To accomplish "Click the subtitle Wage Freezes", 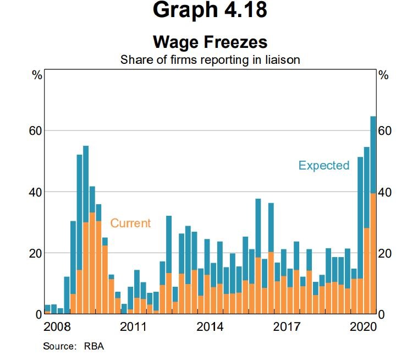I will tap(210, 42).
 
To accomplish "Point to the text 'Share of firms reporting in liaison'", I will tap(210, 59).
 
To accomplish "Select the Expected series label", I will tap(323, 165).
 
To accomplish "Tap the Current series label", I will tap(130, 223).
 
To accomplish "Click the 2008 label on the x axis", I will tap(57, 326).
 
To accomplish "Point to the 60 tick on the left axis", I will tap(35, 131).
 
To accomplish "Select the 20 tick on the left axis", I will tap(35, 253).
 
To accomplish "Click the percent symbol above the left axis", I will tap(37, 75).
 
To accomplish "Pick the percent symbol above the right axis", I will tap(383, 75).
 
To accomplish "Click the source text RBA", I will tap(94, 347).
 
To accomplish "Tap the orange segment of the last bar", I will tap(372, 253).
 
